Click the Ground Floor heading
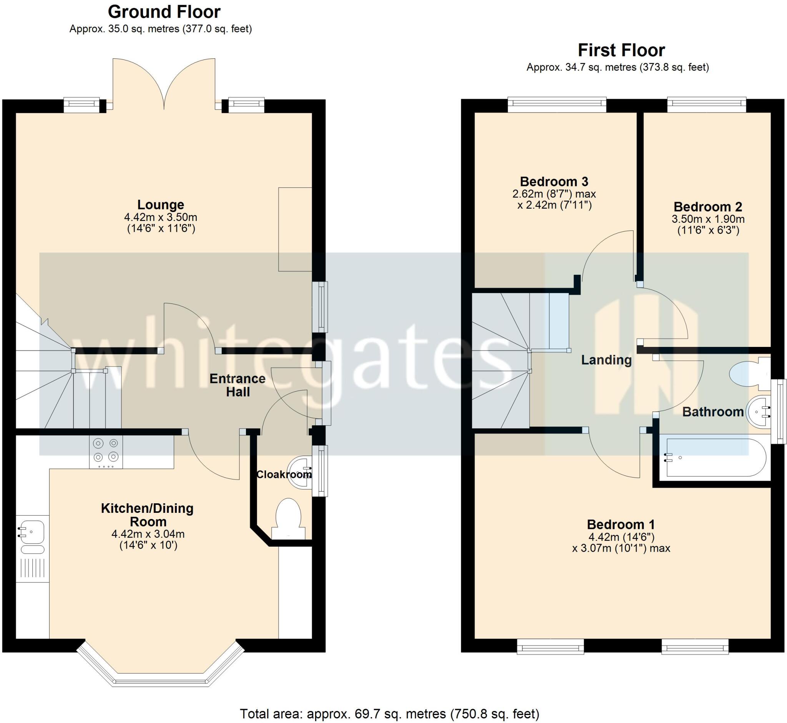pyautogui.click(x=164, y=12)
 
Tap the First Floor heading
pyautogui.click(x=621, y=50)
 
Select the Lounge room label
pyautogui.click(x=161, y=205)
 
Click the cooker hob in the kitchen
pyautogui.click(x=106, y=451)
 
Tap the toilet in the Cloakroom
pyautogui.click(x=289, y=518)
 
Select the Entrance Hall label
pyautogui.click(x=237, y=385)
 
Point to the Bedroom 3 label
pyautogui.click(x=554, y=182)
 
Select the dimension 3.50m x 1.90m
pyautogui.click(x=708, y=219)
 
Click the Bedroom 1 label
pyautogui.click(x=621, y=524)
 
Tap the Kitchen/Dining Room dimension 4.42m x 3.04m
pyautogui.click(x=148, y=534)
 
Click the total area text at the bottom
pyautogui.click(x=389, y=714)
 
